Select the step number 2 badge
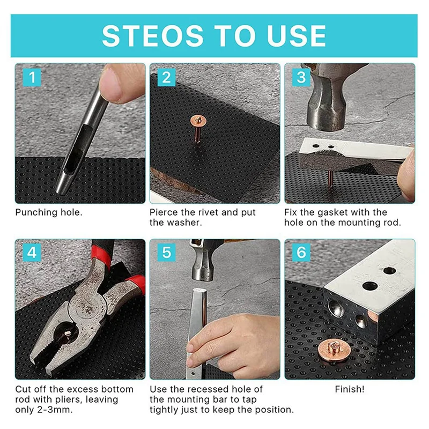[x=167, y=77]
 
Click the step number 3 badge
[x=301, y=77]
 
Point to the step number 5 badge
[x=167, y=252]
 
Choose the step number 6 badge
[x=301, y=252]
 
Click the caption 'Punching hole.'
[x=49, y=212]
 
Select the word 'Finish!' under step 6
[x=349, y=389]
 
